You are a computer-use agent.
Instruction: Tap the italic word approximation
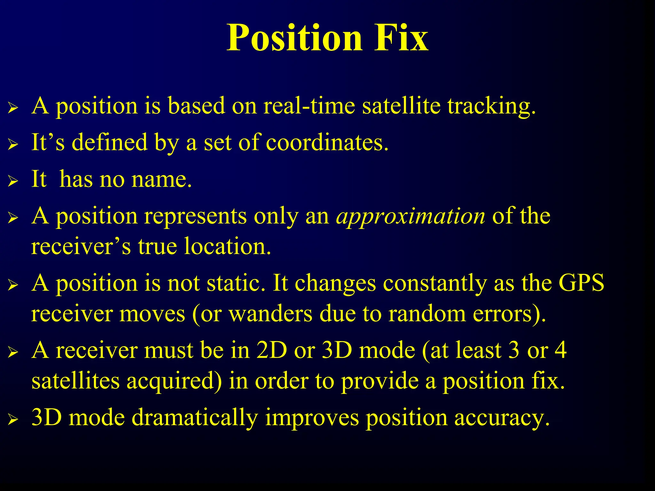tap(411, 216)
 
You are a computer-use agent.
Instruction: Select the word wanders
tap(271, 314)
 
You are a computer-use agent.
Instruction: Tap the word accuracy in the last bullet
tap(502, 418)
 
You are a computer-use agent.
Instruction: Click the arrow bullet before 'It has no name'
tap(13, 181)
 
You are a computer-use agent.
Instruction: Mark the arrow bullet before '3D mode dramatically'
tap(13, 419)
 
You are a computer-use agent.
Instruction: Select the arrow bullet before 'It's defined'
tap(13, 144)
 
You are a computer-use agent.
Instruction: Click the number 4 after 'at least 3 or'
tap(560, 350)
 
